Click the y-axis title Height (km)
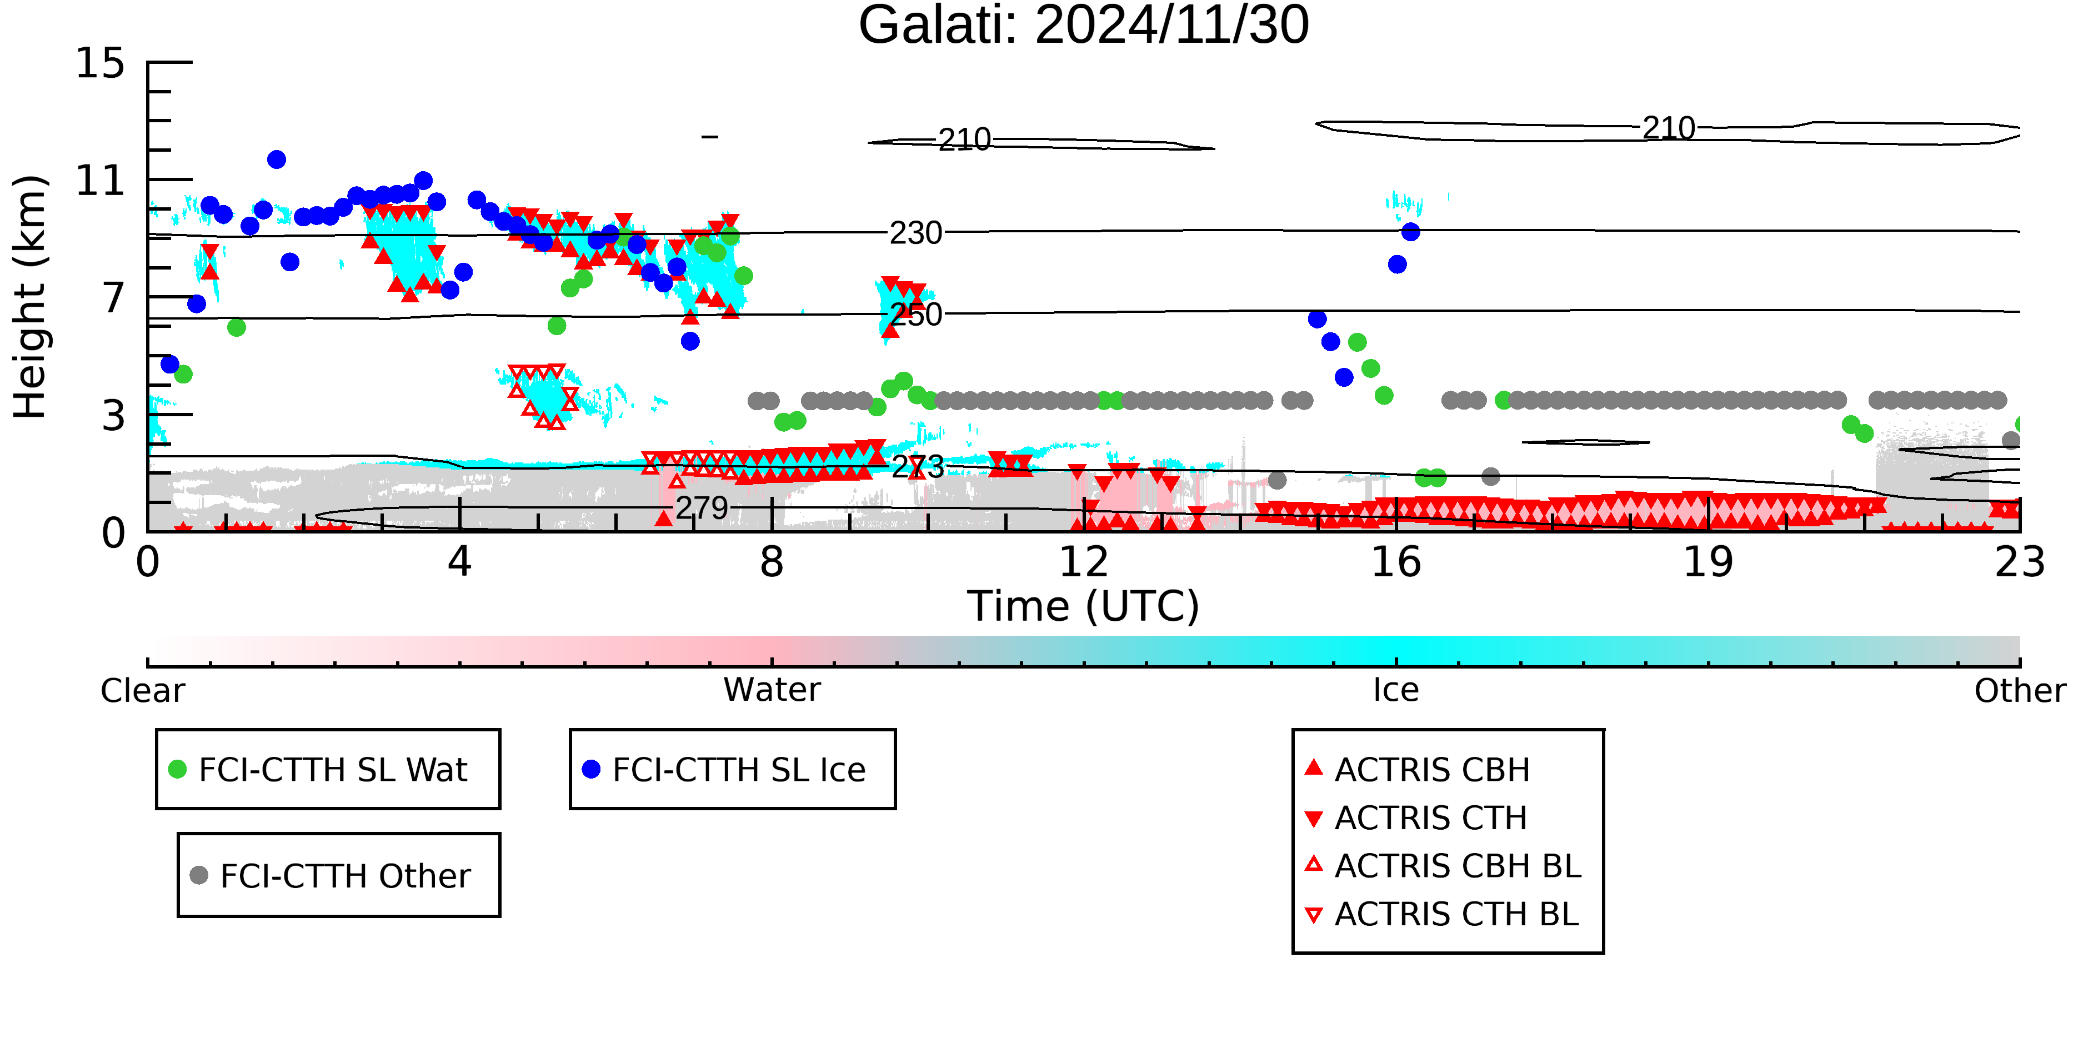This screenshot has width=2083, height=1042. (30, 297)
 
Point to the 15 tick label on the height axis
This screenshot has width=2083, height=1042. (101, 63)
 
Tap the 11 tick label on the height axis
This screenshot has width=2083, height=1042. (101, 181)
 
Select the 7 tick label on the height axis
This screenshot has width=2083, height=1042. (114, 298)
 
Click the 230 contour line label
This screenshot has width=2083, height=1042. (916, 233)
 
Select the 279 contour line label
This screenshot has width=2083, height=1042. (702, 508)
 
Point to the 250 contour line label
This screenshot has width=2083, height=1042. (916, 315)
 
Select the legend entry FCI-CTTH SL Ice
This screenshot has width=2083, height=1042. (724, 769)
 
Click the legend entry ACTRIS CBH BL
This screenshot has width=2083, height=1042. (1444, 866)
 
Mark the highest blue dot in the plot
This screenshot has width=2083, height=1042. (277, 159)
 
